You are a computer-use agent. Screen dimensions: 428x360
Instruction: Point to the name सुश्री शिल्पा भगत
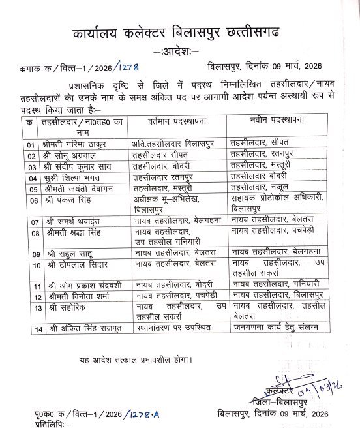pos(70,178)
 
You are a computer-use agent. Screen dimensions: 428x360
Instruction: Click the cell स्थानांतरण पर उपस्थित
pos(168,329)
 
